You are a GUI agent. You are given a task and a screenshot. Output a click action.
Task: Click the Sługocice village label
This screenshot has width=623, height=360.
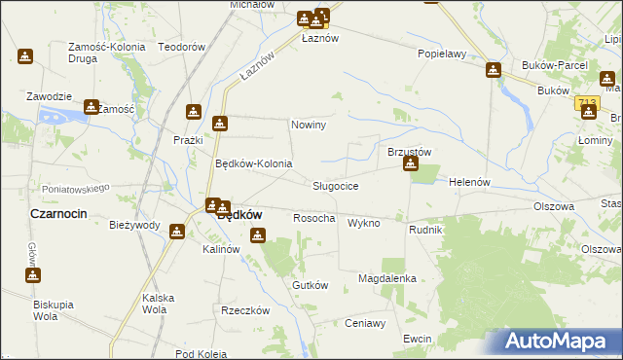[336, 186]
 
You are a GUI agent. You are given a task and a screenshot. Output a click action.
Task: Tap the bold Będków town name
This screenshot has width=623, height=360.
[238, 216]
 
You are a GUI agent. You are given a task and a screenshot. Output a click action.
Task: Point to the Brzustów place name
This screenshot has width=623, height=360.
[410, 151]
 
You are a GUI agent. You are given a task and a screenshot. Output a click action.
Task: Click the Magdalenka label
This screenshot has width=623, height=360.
[387, 278]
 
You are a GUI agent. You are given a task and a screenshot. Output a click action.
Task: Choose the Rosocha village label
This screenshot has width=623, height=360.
[314, 219]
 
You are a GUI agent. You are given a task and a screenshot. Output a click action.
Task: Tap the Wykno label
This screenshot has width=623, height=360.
[363, 223]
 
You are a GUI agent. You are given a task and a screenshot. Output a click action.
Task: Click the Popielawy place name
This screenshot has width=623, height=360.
[442, 54]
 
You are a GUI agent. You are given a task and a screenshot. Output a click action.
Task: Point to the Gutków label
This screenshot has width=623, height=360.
[311, 285]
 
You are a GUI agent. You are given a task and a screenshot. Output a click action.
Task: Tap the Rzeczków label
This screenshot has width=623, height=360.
[244, 311]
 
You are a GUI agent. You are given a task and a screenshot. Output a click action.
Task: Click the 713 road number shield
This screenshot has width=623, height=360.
[586, 101]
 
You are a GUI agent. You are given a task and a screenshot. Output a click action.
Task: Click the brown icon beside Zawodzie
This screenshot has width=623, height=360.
[92, 107]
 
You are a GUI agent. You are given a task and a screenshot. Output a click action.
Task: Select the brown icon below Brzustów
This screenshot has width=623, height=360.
[411, 164]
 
